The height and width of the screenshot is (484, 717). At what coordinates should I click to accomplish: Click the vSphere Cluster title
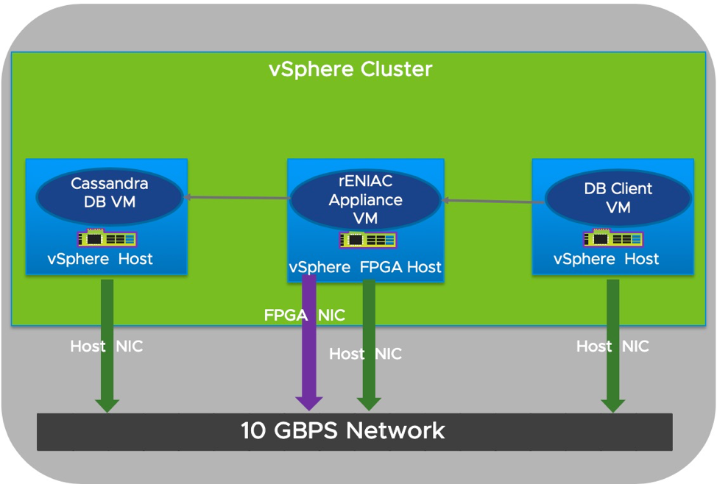click(x=350, y=69)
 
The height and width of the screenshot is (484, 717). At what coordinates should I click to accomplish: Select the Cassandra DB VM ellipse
click(x=109, y=193)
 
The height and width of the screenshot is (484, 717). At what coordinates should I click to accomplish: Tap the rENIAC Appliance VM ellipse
click(x=365, y=199)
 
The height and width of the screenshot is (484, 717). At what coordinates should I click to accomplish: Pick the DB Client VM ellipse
click(x=618, y=198)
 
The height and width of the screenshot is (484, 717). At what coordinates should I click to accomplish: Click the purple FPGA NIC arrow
click(x=309, y=338)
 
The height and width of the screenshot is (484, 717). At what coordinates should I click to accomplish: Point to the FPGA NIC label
click(x=305, y=316)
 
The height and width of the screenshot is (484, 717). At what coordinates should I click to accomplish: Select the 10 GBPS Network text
click(x=343, y=430)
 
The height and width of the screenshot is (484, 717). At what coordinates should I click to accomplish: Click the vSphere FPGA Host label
click(x=365, y=267)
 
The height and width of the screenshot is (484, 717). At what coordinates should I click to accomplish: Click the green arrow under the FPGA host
click(x=369, y=342)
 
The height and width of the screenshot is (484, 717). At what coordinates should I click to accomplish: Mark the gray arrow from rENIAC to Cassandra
click(x=236, y=197)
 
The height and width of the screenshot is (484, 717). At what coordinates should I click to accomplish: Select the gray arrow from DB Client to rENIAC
click(x=492, y=200)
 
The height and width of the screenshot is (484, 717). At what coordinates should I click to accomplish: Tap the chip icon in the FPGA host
click(x=367, y=240)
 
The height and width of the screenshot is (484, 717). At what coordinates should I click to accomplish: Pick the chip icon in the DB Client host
click(x=612, y=238)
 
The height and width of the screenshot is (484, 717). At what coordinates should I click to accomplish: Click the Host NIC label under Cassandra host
click(x=107, y=346)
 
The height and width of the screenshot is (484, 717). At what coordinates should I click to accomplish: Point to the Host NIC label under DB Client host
click(x=612, y=346)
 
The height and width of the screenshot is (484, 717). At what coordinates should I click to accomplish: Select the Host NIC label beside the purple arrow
click(x=365, y=354)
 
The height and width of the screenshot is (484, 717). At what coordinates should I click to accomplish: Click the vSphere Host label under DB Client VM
click(x=606, y=259)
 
